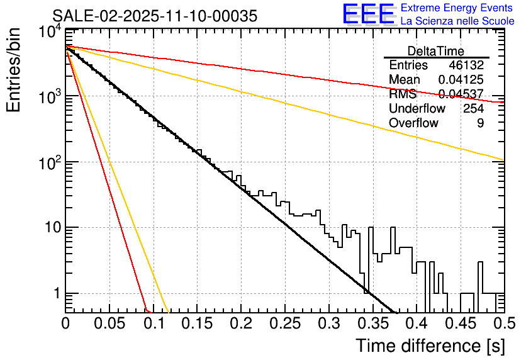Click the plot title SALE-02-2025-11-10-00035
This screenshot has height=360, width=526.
click(x=154, y=16)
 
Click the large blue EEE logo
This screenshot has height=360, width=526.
click(x=369, y=14)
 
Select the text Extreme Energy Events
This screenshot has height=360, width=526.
click(x=456, y=8)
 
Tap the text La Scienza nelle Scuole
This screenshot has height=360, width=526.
click(x=457, y=21)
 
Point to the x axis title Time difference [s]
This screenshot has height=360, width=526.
click(x=430, y=346)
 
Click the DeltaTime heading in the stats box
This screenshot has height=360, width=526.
click(x=435, y=51)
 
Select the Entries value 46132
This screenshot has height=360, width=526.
click(x=466, y=65)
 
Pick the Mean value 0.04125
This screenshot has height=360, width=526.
click(x=461, y=80)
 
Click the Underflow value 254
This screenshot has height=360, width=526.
click(x=473, y=109)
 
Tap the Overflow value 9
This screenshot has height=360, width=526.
click(x=480, y=123)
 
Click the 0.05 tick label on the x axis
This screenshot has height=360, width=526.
click(x=109, y=324)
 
